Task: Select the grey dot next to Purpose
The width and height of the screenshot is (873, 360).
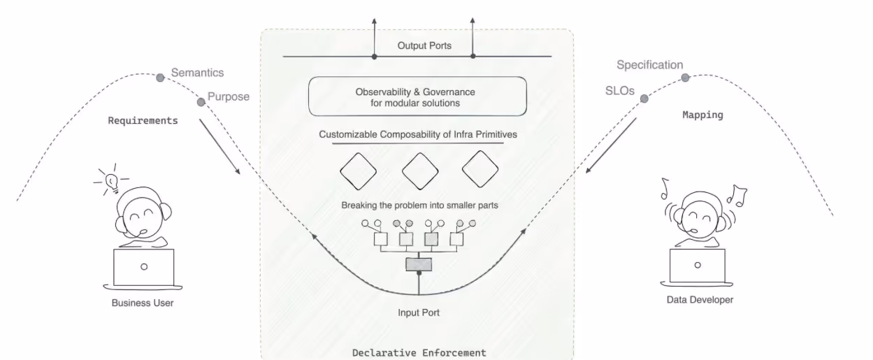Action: tap(201, 102)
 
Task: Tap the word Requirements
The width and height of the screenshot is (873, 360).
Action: tap(143, 120)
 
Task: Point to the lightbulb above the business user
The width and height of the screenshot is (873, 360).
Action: tap(112, 180)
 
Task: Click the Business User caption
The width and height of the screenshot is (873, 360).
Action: tap(143, 303)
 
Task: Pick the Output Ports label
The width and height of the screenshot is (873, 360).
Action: tap(424, 45)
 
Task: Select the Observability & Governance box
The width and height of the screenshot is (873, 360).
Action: tap(417, 96)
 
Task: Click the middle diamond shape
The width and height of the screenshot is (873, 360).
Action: tap(420, 169)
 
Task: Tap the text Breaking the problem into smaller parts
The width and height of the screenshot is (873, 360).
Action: tap(419, 206)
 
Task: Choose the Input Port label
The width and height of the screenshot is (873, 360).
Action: tap(419, 312)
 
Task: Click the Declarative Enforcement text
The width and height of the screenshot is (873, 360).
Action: tap(419, 352)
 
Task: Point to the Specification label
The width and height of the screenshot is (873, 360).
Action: tap(649, 65)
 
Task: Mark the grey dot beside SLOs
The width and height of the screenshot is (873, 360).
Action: tap(644, 99)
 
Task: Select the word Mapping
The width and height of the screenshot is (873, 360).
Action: tap(702, 115)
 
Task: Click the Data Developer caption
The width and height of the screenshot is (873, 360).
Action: tap(699, 300)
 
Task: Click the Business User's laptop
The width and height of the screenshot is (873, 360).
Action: tap(143, 268)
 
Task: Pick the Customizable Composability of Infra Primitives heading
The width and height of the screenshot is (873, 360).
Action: tap(418, 134)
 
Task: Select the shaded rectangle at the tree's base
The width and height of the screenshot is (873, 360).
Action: tap(419, 264)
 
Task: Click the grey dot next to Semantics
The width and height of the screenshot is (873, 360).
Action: tap(159, 75)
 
